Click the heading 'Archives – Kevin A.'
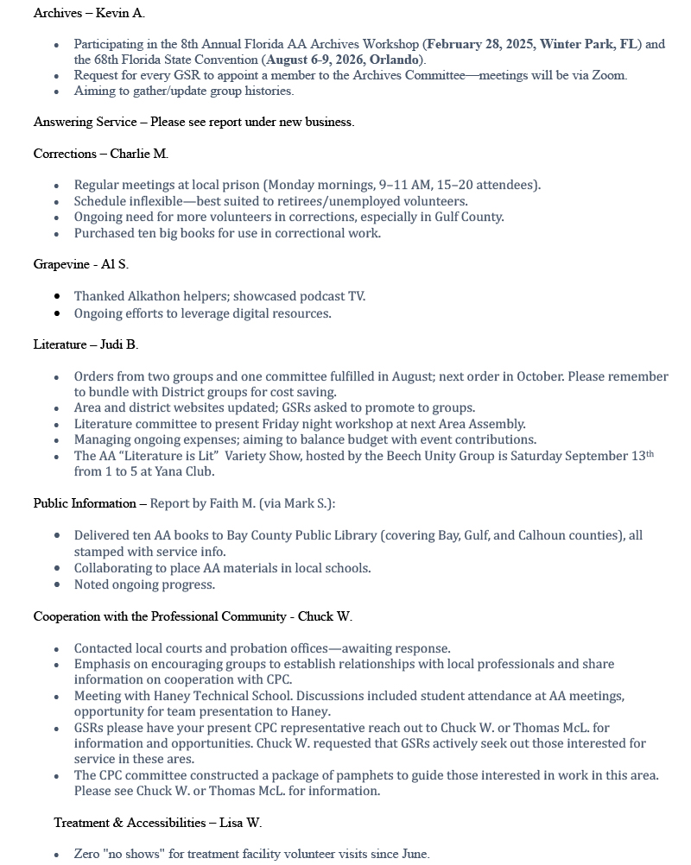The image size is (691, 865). [89, 13]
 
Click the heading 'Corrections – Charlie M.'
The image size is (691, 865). [100, 154]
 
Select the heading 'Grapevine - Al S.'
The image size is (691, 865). [80, 264]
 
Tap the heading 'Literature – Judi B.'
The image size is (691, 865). [86, 344]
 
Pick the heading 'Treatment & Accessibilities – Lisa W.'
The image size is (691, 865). [157, 823]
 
